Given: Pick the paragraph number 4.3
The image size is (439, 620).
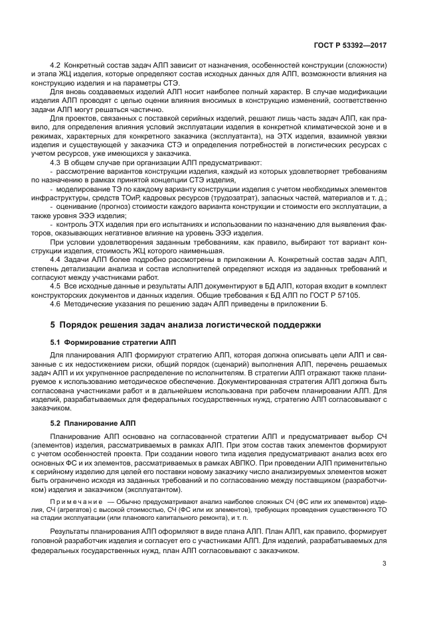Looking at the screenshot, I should (55, 161).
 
